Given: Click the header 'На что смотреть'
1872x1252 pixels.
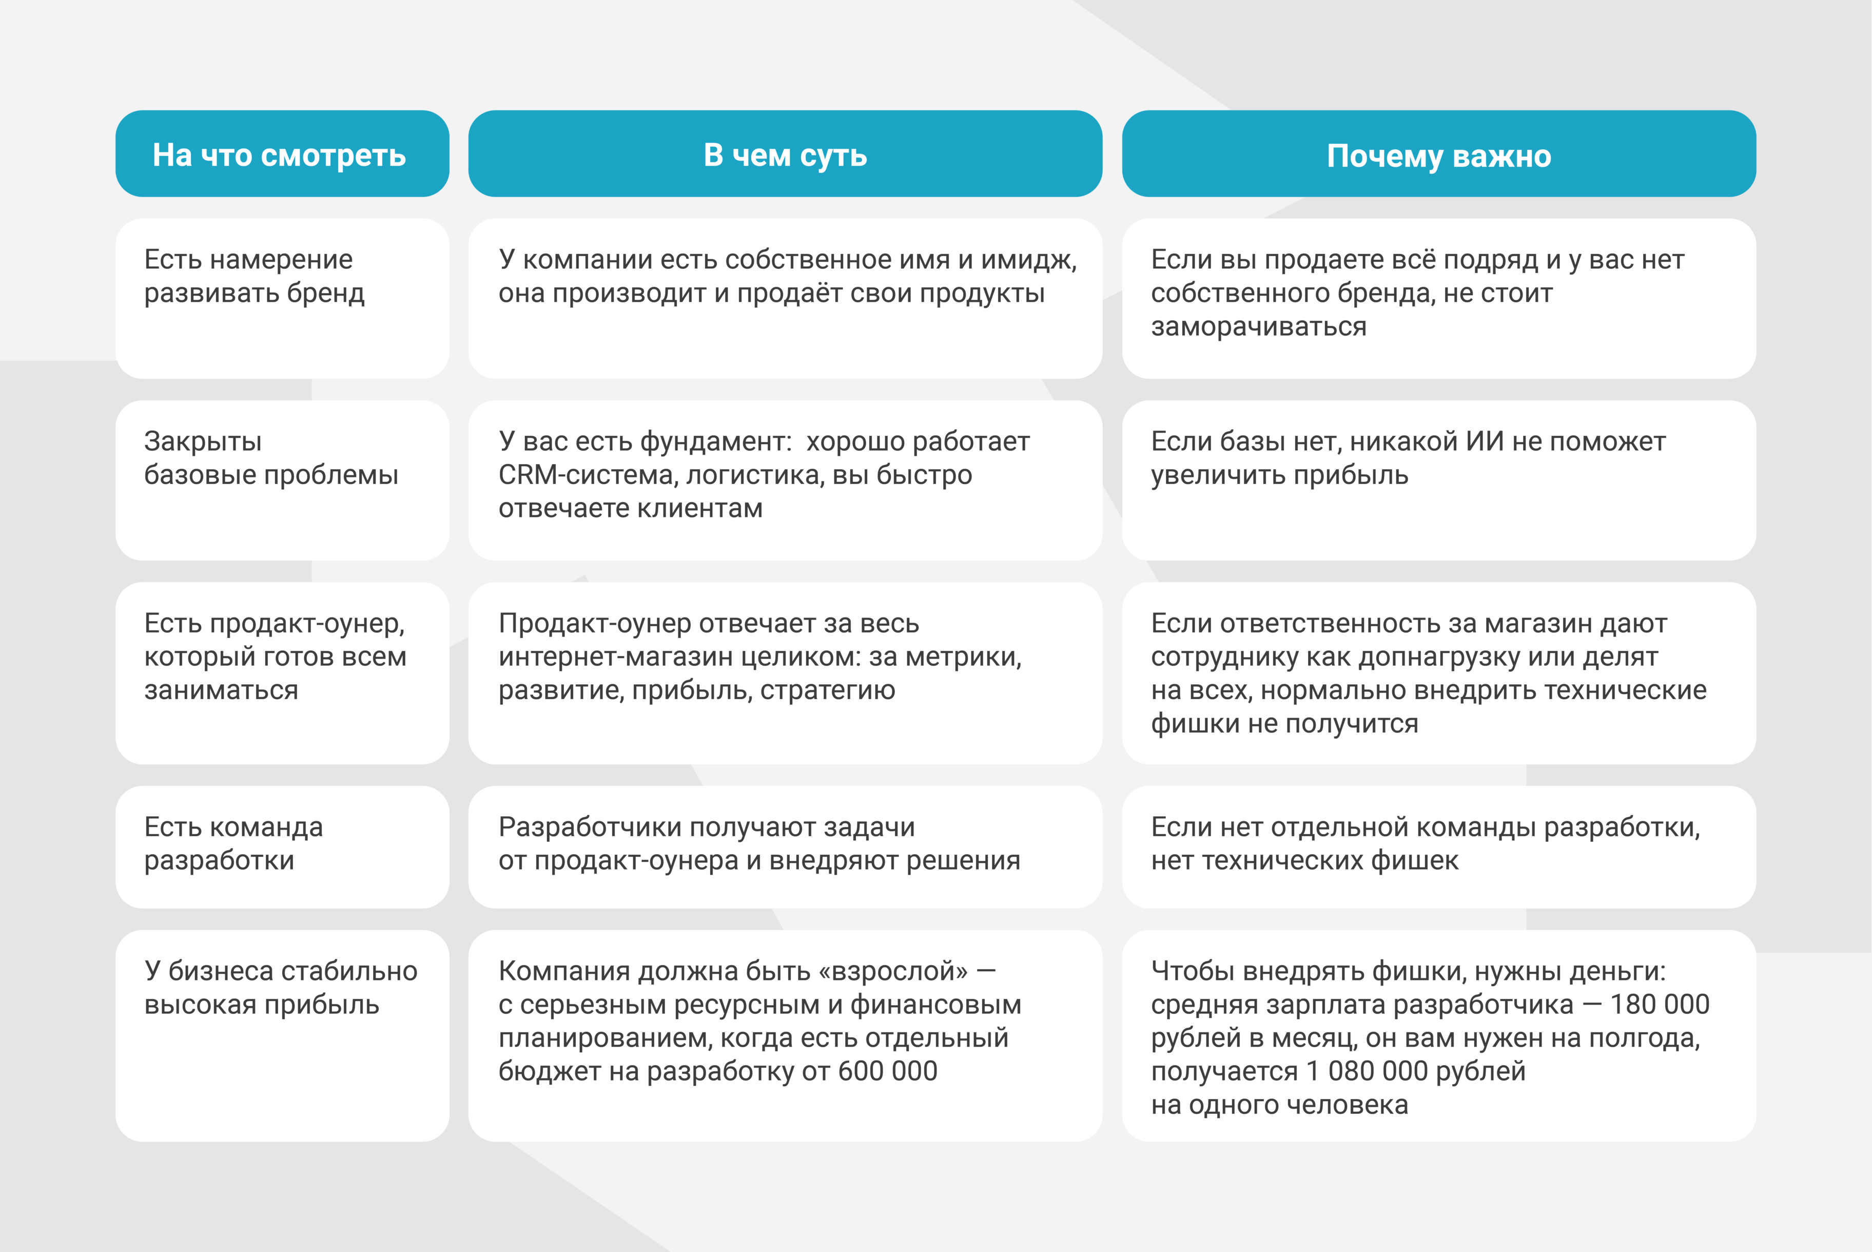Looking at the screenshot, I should click(279, 155).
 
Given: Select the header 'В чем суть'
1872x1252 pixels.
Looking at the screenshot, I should click(785, 155).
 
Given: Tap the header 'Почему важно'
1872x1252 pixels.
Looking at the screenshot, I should click(1438, 156).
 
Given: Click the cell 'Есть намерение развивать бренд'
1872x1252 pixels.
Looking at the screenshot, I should click(282, 298).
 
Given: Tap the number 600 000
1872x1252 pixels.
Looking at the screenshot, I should click(888, 1071).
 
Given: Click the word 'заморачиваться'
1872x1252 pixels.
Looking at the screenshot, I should click(1258, 326).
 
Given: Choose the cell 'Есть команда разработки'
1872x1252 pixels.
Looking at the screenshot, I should click(282, 846).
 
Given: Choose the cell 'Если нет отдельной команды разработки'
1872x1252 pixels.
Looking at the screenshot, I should click(1438, 846).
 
